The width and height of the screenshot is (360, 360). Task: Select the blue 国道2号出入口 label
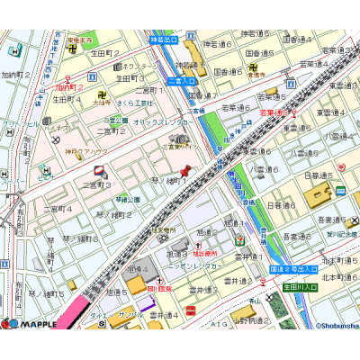click(293, 269)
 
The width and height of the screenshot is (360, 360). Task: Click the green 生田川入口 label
click(301, 286)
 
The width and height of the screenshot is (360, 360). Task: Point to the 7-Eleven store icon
click(239, 241)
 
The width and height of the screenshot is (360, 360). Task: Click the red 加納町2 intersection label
click(68, 88)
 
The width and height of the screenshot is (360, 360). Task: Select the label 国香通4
click(297, 40)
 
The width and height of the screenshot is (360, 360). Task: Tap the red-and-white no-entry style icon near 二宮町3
click(99, 169)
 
